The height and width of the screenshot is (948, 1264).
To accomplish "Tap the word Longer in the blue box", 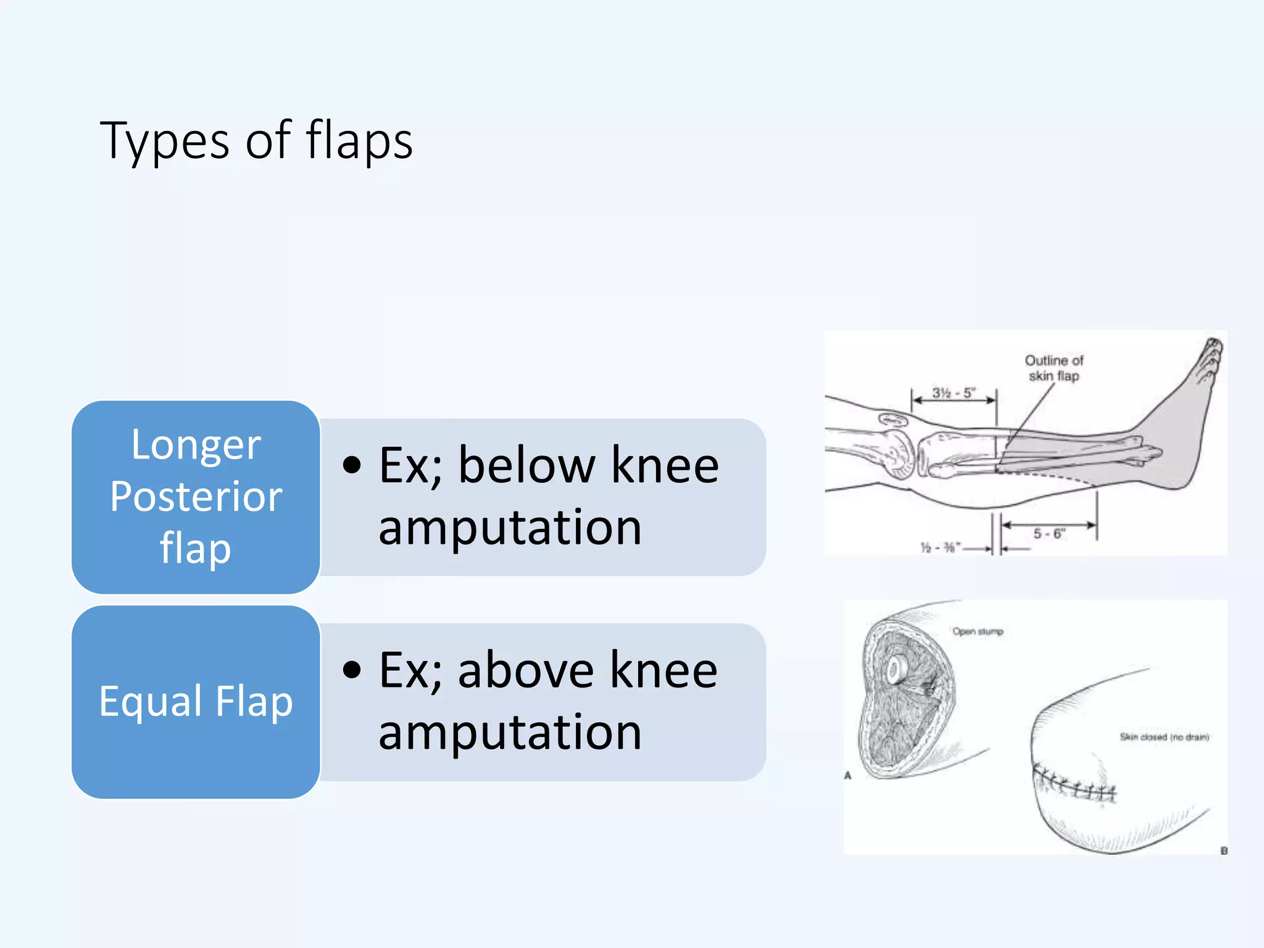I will (x=196, y=445).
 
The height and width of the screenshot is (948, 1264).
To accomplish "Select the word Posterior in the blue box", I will (x=196, y=497).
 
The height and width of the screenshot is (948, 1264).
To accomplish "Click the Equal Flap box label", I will (x=196, y=702).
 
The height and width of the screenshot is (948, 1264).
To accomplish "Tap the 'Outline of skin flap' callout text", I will (x=1054, y=368).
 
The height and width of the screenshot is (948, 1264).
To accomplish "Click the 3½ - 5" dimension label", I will (x=953, y=393).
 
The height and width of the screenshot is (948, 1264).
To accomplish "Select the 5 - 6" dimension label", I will (x=1049, y=533).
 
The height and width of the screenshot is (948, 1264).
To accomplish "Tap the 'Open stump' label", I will (x=977, y=631).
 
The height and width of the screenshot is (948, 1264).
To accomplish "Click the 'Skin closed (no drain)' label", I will (x=1164, y=737).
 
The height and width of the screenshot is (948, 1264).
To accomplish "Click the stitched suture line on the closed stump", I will (x=1074, y=785).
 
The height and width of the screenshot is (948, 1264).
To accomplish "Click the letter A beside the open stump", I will (x=847, y=775).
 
